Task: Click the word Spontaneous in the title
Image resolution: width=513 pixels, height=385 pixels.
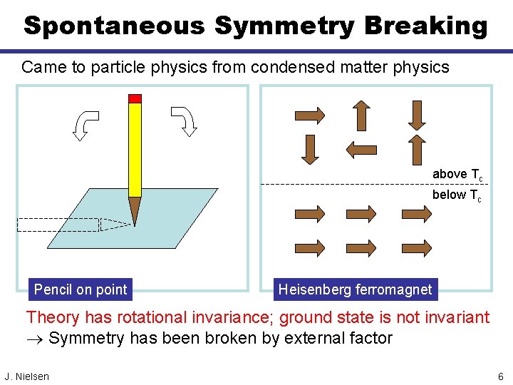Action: click(115, 26)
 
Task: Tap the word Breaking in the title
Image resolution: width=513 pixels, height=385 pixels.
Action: click(426, 26)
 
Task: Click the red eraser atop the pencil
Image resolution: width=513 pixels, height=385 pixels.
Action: click(135, 98)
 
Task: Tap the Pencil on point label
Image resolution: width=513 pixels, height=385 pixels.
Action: click(81, 289)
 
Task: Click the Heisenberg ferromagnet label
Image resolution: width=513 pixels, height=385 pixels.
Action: click(355, 289)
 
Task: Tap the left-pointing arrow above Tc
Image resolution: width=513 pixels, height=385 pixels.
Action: click(361, 149)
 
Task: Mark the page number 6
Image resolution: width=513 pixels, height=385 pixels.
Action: click(501, 376)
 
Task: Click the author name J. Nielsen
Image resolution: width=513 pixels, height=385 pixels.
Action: click(27, 376)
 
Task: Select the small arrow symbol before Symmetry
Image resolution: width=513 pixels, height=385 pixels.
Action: click(35, 339)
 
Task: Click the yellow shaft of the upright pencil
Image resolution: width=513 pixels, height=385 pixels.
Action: click(135, 150)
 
